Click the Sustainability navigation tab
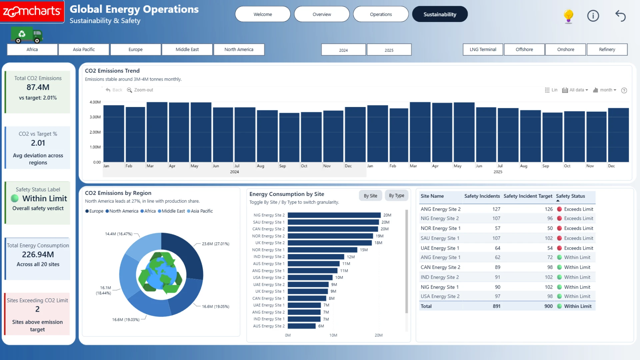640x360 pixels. point(440,14)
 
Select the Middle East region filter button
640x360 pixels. point(187,49)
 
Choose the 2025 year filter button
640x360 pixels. point(389,50)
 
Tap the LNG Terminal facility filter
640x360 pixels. point(483,49)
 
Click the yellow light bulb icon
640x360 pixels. point(568,16)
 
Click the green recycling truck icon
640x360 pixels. point(27,35)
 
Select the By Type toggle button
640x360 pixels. point(396,196)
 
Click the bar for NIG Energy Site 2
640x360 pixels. point(334,215)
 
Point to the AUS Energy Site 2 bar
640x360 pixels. point(302,326)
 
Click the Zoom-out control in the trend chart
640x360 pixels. point(140,90)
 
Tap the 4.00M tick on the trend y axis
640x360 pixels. point(95,102)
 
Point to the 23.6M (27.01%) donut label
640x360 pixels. point(216,244)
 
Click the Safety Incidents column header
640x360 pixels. point(482,196)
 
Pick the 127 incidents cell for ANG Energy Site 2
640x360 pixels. point(496,209)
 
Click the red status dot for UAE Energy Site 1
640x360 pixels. point(560,248)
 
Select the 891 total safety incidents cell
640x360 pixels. point(497,306)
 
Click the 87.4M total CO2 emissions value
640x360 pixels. point(38,87)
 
